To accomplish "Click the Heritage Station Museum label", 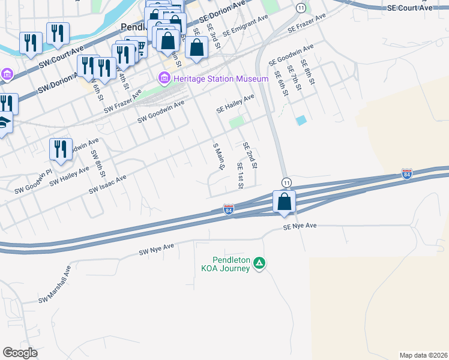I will (220, 79).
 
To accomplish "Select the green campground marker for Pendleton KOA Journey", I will (259, 263).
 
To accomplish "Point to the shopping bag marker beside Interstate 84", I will (285, 202).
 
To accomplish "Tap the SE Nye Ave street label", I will (300, 226).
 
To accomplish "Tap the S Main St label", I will (218, 156).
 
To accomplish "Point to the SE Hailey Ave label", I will (235, 104).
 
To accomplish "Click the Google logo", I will (20, 353).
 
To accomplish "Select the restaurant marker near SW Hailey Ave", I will (60, 149).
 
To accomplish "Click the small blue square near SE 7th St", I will (301, 120).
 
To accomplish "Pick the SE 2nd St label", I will (250, 155).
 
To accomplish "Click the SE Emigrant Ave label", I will (245, 26).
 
